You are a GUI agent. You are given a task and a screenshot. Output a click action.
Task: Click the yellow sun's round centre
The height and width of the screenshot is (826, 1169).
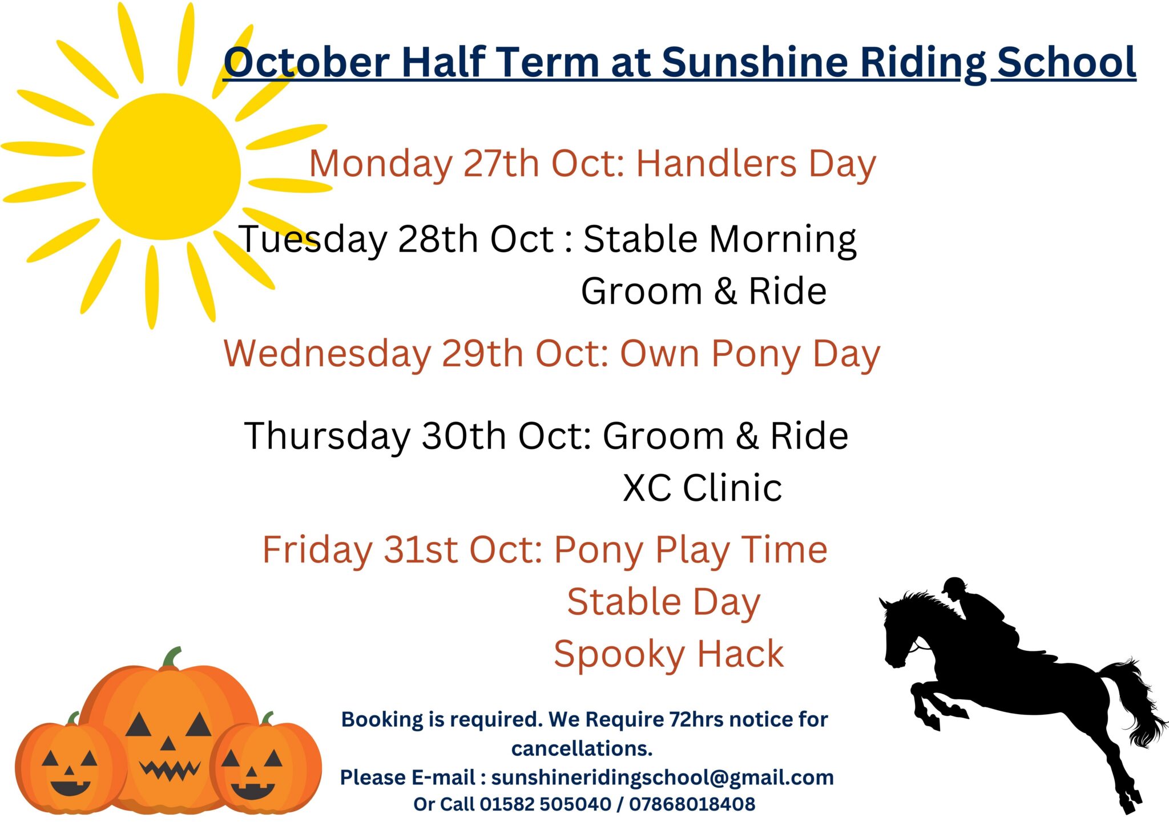[166, 167]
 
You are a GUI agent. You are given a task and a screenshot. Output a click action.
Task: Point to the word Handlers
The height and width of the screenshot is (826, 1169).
[716, 164]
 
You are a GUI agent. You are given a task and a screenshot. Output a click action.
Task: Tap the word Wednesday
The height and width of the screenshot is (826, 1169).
[327, 354]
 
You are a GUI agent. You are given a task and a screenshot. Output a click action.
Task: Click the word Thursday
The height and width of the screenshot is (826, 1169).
[326, 436]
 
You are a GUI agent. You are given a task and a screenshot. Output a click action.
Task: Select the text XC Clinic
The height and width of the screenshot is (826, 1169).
[702, 488]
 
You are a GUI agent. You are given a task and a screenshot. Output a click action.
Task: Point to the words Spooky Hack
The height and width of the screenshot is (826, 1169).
[668, 654]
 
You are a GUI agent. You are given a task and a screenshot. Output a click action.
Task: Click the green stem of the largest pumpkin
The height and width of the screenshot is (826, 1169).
[171, 657]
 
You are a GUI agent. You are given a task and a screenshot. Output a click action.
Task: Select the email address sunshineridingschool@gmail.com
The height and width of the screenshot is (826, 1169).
[662, 777]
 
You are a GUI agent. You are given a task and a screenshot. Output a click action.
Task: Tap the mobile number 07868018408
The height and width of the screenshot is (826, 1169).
[692, 804]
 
